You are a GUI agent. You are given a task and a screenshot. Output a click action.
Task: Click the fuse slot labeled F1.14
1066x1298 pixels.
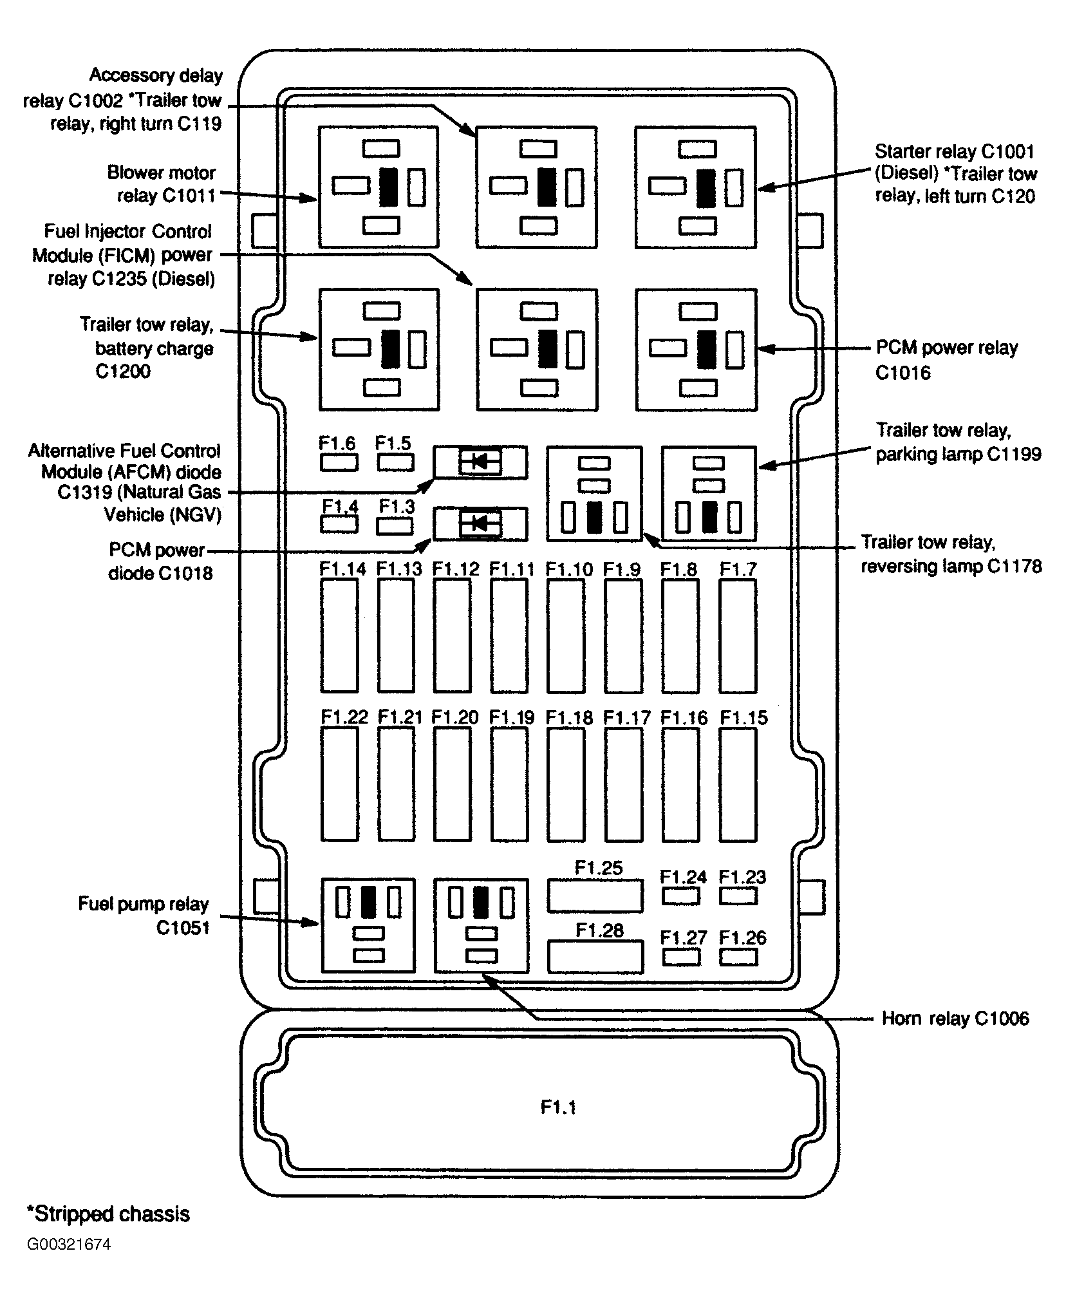(339, 635)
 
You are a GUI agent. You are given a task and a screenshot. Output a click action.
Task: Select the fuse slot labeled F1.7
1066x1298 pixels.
(738, 635)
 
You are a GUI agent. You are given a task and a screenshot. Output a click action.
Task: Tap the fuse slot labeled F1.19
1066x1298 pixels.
(509, 784)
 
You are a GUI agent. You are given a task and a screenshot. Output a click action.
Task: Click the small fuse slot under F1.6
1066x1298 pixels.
(339, 462)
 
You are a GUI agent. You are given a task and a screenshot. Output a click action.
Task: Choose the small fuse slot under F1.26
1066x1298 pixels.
(738, 957)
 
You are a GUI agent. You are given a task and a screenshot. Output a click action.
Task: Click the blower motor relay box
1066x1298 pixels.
(379, 187)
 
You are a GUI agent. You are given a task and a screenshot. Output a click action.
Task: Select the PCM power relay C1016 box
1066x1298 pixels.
(696, 350)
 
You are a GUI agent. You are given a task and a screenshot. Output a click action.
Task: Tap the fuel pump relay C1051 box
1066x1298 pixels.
(368, 925)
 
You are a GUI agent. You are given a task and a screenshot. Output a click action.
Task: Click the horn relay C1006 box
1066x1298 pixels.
(481, 925)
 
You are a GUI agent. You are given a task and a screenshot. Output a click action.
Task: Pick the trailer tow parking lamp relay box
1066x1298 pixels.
(709, 494)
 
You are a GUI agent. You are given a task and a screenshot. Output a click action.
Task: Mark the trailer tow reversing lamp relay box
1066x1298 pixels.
(595, 494)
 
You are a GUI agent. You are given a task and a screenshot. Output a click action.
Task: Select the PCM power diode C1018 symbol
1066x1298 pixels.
(480, 524)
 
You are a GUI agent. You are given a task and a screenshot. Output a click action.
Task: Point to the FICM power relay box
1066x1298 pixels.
(537, 350)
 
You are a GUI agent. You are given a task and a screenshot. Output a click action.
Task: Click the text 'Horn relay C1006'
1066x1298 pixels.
(955, 1019)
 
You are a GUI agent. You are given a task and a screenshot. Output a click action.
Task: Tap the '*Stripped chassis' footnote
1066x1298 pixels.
(108, 1214)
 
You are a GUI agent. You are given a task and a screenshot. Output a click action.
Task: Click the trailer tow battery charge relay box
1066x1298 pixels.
(379, 350)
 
